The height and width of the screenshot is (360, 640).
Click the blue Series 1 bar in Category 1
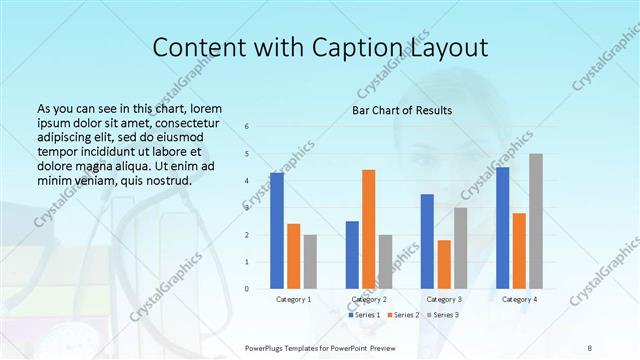(x=277, y=231)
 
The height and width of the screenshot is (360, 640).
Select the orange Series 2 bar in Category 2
(x=368, y=229)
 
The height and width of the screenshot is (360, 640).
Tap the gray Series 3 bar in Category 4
(x=536, y=221)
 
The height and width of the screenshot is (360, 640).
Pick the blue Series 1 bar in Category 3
(x=427, y=241)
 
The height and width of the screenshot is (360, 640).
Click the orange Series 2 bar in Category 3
(x=444, y=264)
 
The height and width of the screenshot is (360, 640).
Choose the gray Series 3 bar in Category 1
(x=310, y=262)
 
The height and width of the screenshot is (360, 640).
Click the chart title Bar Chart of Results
(x=401, y=110)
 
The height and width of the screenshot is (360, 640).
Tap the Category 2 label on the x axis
(x=369, y=299)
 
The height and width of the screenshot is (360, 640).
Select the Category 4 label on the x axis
(x=519, y=299)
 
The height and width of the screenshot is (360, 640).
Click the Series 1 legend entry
(x=364, y=315)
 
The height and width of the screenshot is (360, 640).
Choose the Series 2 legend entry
(x=402, y=315)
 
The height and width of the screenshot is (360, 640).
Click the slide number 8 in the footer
(x=590, y=347)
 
